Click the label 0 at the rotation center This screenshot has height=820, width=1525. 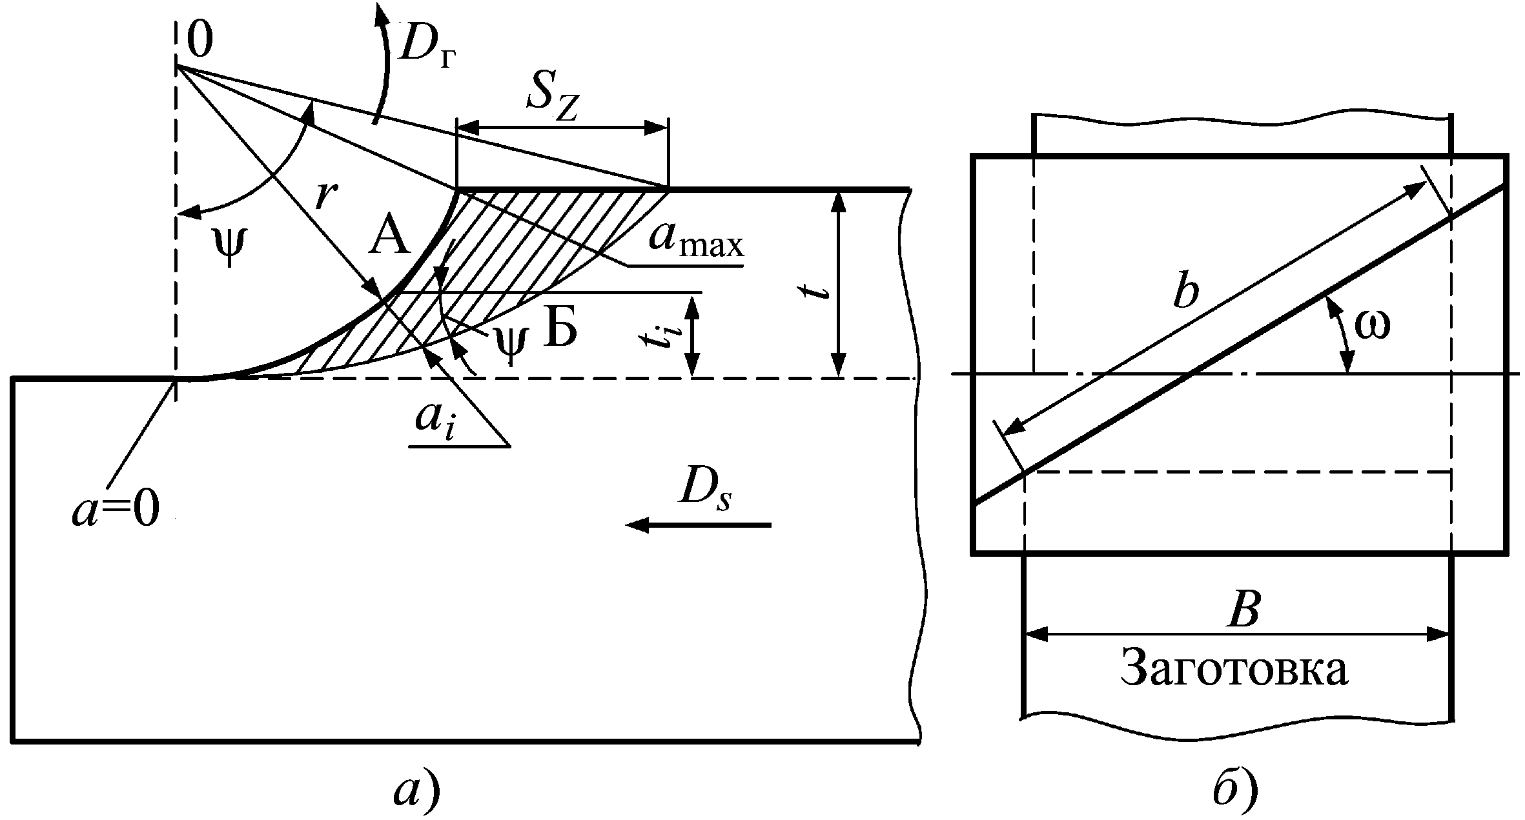(200, 41)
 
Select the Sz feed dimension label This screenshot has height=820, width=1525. (553, 103)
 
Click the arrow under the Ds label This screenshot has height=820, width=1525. (699, 525)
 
